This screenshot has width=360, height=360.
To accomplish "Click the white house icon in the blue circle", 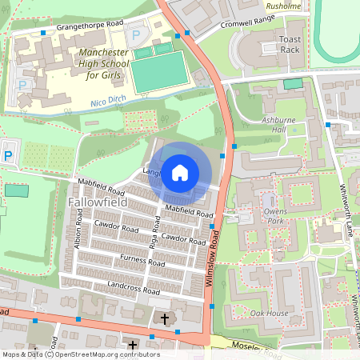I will tap(180, 172).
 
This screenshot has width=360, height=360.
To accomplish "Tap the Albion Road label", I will tap(78, 238).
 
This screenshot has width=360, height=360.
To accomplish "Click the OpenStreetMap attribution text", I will tap(80, 354).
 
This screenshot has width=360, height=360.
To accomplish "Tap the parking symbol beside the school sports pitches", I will tap(136, 35).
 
